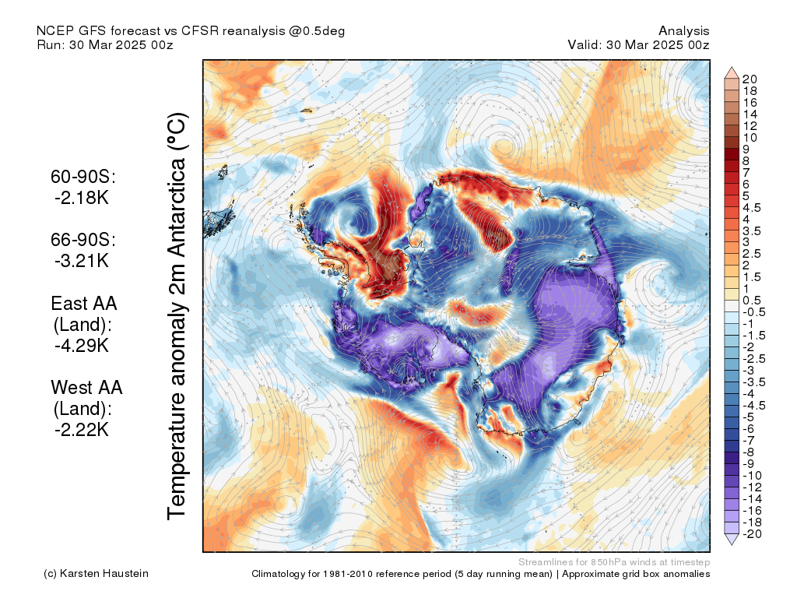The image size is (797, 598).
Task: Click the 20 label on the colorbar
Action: point(750,79)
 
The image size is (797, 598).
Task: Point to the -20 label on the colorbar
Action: point(752,534)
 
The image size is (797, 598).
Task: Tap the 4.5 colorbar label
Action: point(752,208)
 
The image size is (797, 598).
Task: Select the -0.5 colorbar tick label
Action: point(753,312)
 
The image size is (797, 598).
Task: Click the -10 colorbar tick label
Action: point(752,476)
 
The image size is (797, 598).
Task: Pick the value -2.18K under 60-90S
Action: point(82,198)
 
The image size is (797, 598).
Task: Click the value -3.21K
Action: point(82,261)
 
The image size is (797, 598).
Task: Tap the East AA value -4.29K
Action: point(82,346)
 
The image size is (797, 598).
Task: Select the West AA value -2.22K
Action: point(82,430)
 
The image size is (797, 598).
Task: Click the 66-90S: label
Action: point(83,240)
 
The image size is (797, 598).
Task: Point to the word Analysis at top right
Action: point(683,31)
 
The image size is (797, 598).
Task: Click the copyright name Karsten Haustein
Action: point(104,574)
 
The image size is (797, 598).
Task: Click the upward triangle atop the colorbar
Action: point(732,72)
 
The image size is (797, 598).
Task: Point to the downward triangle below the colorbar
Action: point(732,540)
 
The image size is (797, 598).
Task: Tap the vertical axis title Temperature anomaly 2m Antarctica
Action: point(177,316)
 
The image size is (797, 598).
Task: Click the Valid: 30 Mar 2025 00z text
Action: point(638,44)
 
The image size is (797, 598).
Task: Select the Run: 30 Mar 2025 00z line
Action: point(105,44)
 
